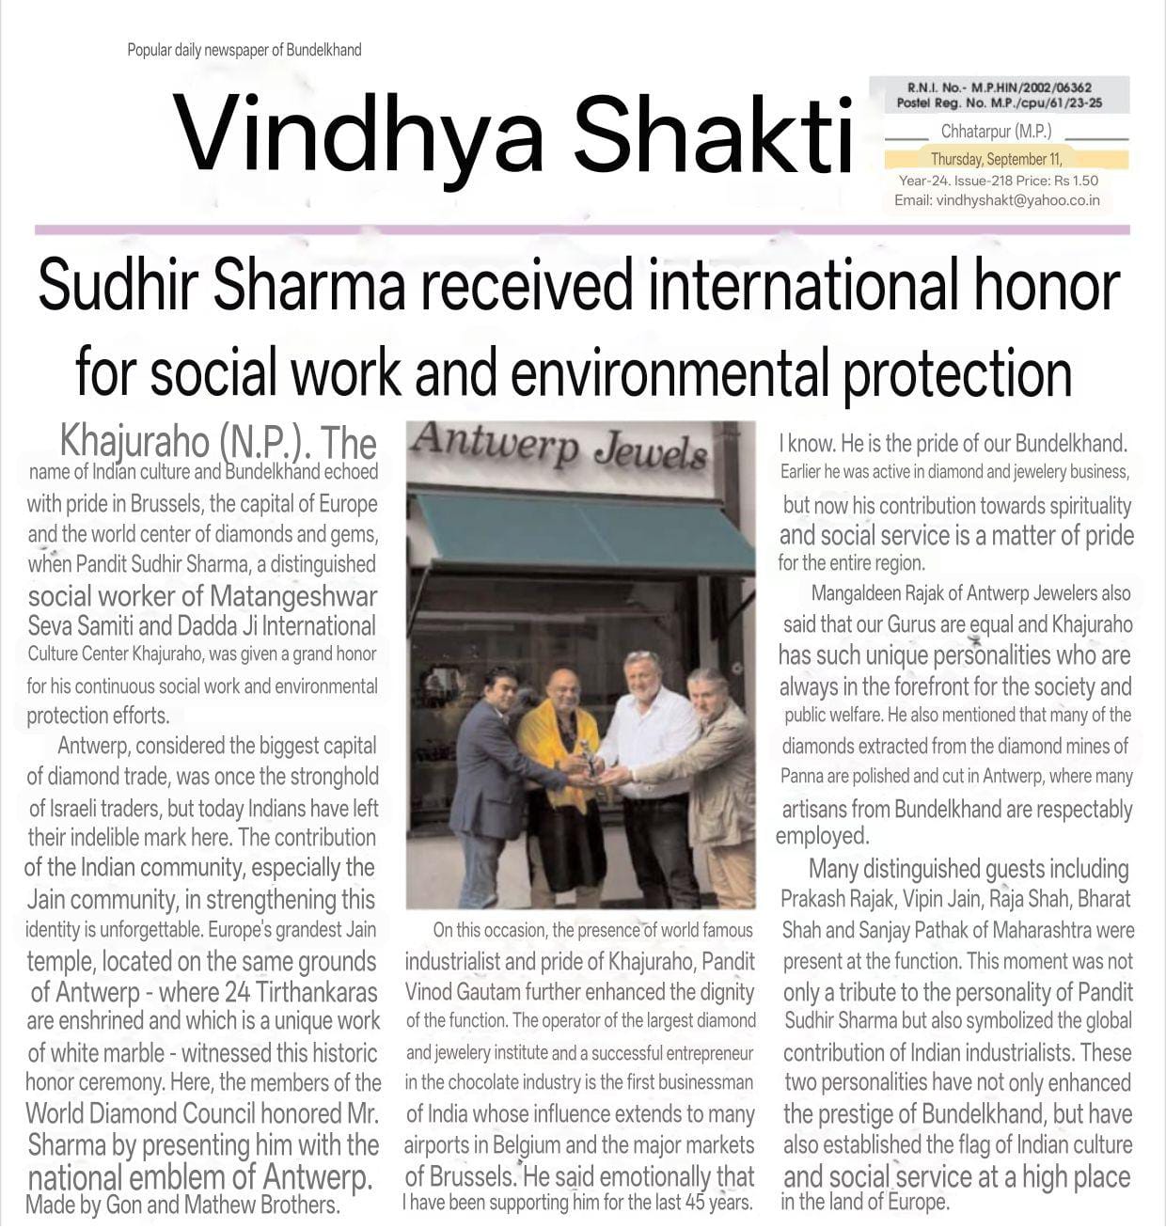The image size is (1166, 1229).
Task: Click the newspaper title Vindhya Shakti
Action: tap(512, 134)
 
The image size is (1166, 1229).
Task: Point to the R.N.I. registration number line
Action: tap(999, 87)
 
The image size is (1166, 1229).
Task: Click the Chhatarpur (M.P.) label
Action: tap(996, 132)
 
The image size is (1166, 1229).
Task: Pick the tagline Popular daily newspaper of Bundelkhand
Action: tap(244, 50)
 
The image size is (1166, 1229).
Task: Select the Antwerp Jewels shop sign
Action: tap(559, 446)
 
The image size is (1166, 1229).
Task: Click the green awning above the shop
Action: tap(583, 531)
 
